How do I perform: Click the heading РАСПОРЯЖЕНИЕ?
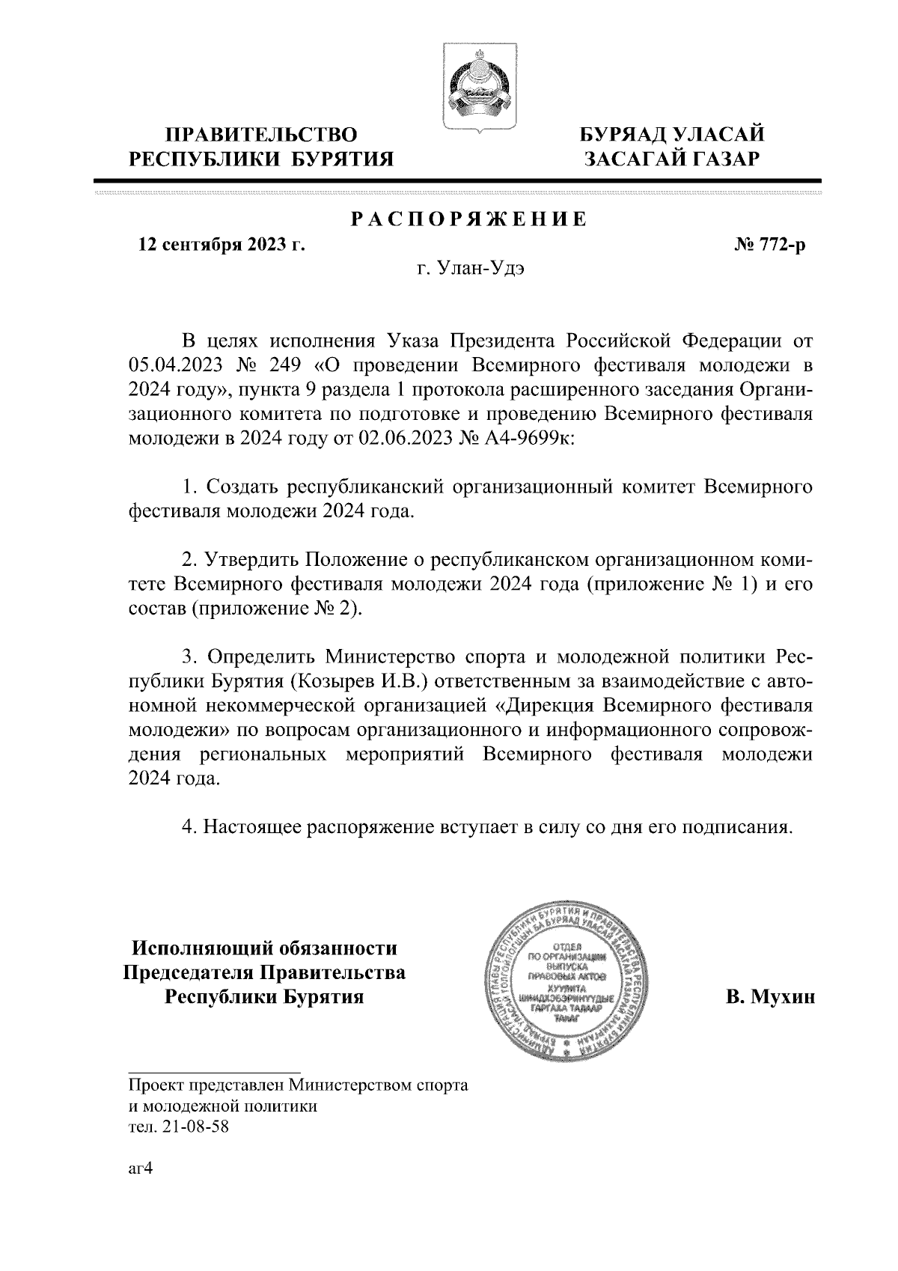[469, 219]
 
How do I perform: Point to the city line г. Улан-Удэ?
[470, 269]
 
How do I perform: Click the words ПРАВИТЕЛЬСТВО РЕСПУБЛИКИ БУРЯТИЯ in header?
[261, 147]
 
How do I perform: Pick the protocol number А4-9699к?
[532, 439]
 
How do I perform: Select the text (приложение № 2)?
[277, 609]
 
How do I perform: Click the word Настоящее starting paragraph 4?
[253, 827]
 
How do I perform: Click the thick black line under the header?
[458, 180]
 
